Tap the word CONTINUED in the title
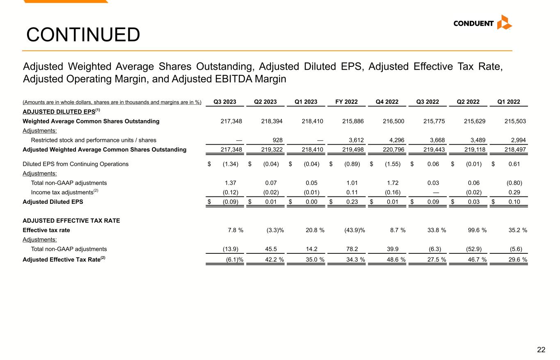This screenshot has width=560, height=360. (x=83, y=35)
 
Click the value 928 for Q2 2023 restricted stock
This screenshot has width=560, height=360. (x=277, y=140)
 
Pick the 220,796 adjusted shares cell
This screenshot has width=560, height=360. (x=393, y=150)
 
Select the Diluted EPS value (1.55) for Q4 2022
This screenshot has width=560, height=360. (x=393, y=164)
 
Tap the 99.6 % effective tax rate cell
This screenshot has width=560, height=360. (x=475, y=230)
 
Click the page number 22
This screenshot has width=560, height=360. (x=541, y=350)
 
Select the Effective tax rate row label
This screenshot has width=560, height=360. (x=46, y=230)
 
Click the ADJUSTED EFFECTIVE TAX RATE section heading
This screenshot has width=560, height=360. (x=71, y=221)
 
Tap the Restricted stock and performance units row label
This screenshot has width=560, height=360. (x=94, y=140)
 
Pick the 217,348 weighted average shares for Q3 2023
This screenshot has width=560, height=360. (x=231, y=121)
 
